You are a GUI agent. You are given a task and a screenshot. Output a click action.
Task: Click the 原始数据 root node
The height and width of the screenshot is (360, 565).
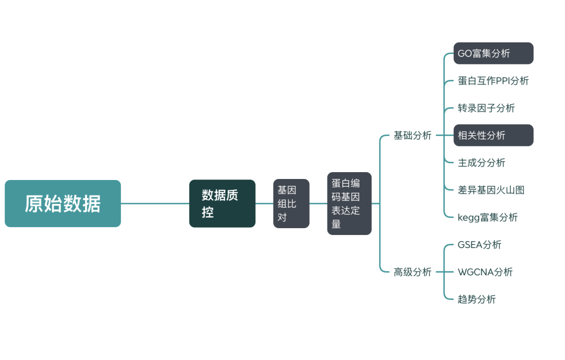coord(63,204)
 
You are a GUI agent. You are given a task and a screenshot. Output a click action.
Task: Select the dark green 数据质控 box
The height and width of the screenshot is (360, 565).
coord(222,204)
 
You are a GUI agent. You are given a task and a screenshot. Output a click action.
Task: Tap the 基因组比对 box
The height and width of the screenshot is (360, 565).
coord(291,204)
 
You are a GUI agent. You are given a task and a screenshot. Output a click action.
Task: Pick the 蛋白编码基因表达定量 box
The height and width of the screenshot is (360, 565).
coord(349,204)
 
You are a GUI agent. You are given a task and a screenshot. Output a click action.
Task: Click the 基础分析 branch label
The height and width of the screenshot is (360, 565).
coord(412,136)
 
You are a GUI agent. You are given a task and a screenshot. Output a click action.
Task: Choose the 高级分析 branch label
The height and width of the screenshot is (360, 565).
coord(412,272)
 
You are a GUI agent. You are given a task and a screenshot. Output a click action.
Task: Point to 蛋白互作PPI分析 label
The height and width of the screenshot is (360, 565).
coord(493,81)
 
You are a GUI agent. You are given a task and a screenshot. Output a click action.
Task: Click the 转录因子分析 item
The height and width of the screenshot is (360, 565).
coord(486,108)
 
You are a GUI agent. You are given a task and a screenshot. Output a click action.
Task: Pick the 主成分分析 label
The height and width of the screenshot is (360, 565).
coord(481,163)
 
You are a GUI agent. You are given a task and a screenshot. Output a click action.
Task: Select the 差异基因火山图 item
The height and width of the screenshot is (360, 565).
coord(491,190)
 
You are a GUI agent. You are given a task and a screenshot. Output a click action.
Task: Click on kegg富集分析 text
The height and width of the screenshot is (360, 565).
coord(488,217)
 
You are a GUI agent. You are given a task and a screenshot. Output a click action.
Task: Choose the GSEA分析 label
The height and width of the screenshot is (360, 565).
coord(479,245)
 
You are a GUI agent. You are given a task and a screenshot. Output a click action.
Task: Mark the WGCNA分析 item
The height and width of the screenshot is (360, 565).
coord(485,272)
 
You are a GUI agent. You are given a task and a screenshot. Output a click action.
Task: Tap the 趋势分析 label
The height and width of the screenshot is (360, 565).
coord(477,299)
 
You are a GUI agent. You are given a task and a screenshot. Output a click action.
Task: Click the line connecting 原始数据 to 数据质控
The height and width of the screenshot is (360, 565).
coord(155,204)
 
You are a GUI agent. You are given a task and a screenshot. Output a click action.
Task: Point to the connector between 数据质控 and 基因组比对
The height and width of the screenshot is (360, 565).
coord(264,204)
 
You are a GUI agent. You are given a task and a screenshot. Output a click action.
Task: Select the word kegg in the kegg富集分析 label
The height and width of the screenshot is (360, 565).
coord(468,218)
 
